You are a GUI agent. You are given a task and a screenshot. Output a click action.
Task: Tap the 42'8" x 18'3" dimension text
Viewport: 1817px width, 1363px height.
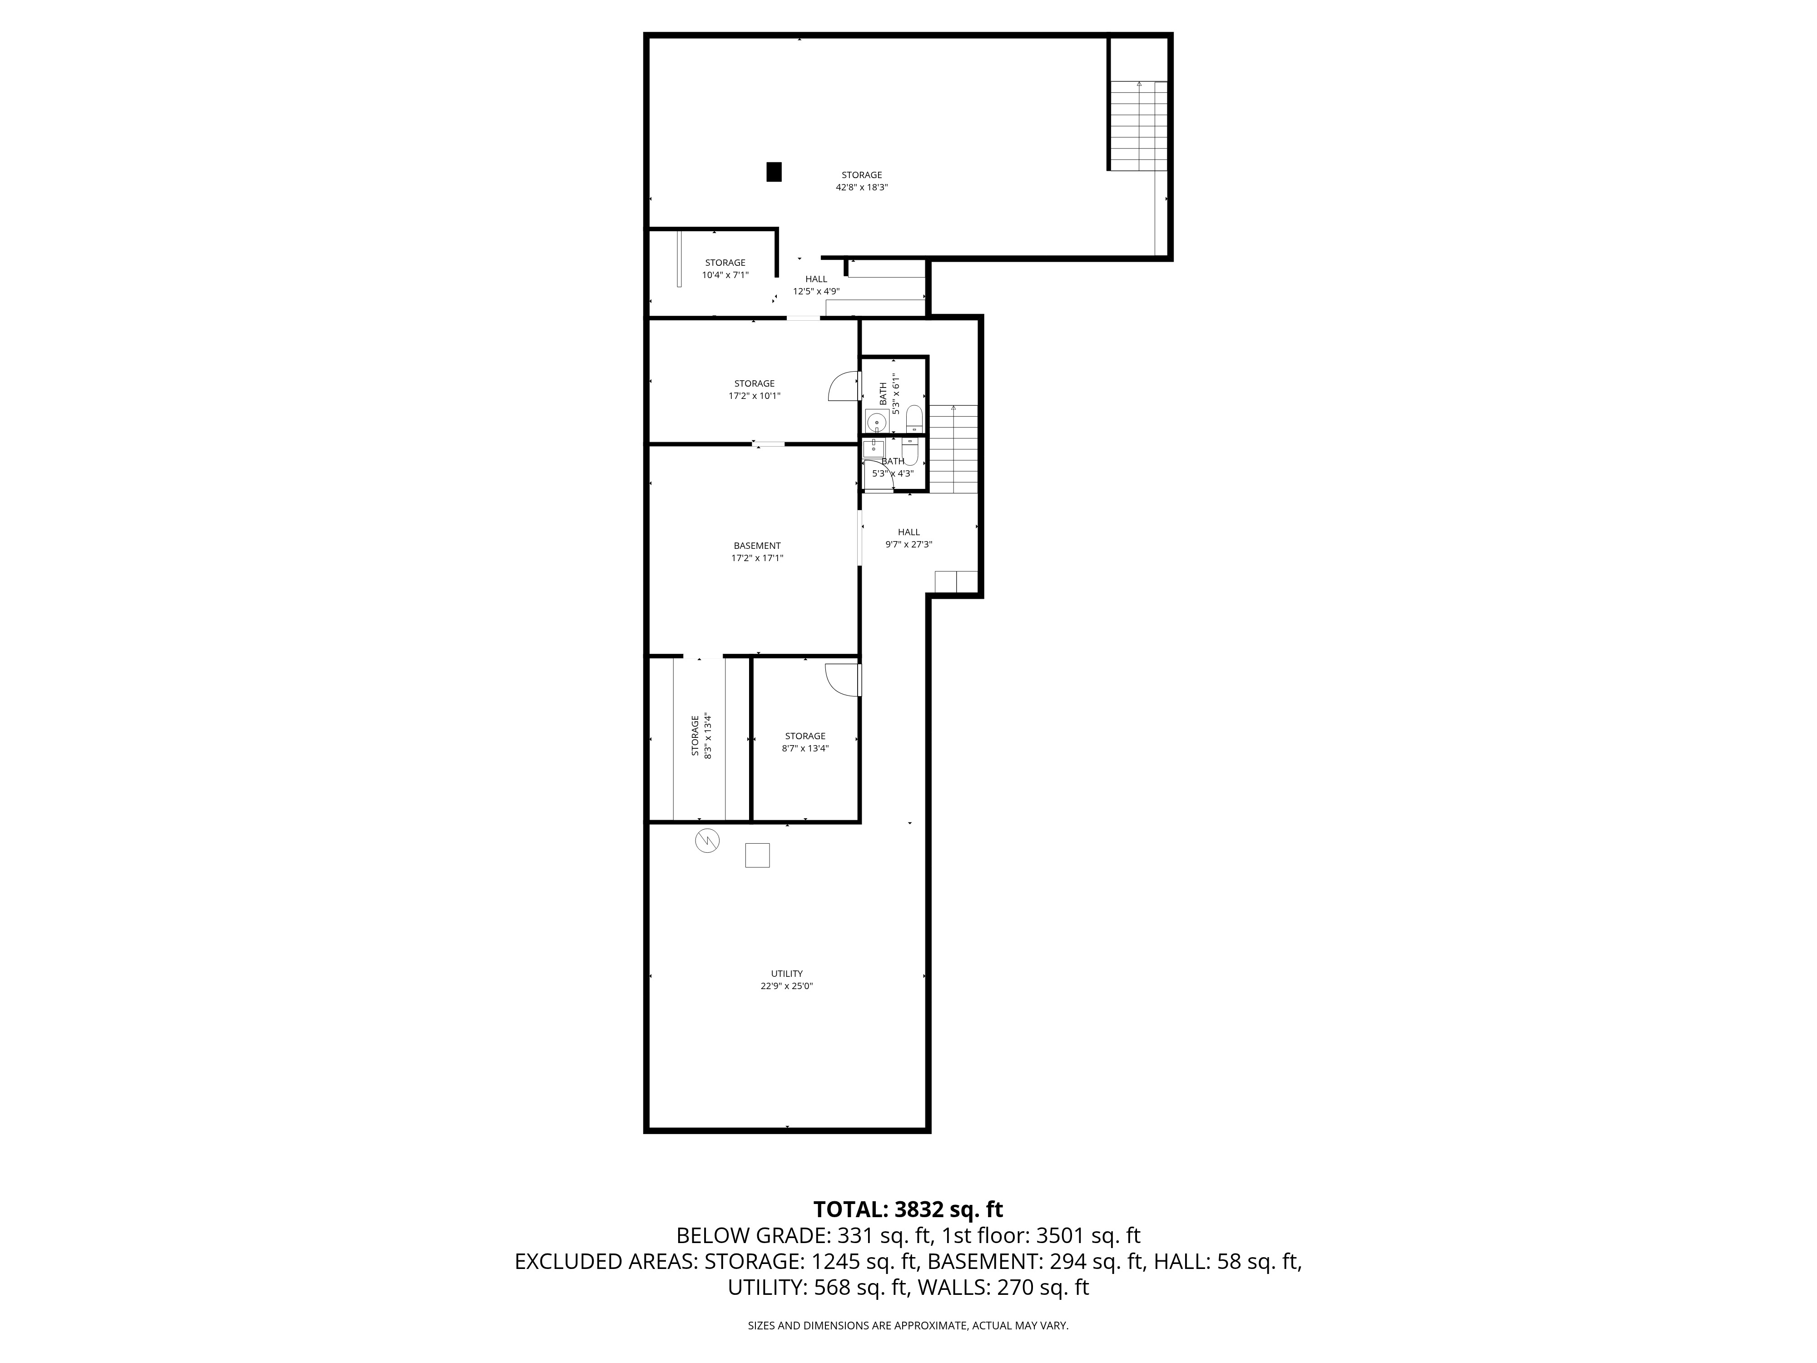tap(862, 187)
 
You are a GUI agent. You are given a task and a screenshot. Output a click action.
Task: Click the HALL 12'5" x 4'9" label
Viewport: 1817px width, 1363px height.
tap(816, 285)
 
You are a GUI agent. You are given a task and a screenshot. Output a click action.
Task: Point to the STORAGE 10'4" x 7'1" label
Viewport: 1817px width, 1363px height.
tap(725, 269)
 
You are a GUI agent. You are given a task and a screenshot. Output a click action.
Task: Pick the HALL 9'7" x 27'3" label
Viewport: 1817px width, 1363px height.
tap(908, 538)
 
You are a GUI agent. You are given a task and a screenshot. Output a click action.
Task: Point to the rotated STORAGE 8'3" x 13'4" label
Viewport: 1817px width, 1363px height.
tap(700, 735)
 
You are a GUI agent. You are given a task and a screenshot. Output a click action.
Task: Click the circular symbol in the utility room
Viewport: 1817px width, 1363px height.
tap(707, 841)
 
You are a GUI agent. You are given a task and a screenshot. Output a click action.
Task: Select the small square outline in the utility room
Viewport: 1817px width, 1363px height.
tap(756, 855)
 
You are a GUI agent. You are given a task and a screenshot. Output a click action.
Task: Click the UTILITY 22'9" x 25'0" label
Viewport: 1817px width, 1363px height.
tap(786, 980)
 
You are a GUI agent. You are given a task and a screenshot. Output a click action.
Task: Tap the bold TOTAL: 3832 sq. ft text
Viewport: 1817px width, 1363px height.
tap(908, 1209)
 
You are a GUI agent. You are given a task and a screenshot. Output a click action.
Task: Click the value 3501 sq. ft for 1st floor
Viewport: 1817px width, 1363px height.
tap(1088, 1236)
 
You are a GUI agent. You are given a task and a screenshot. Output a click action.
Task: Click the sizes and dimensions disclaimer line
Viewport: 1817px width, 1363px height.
tap(908, 1325)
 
